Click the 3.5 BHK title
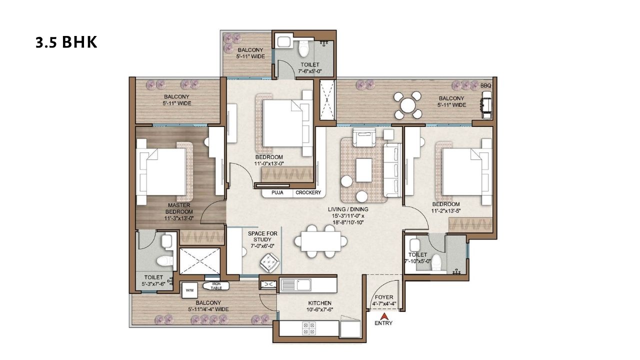[x=66, y=42]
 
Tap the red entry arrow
[x=383, y=316]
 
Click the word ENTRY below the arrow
[x=383, y=323]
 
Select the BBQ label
[x=485, y=86]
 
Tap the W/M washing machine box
[x=190, y=289]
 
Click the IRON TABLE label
[x=216, y=286]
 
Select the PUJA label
[x=278, y=192]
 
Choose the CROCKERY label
[x=307, y=192]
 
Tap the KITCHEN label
[x=320, y=303]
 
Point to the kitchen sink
[x=295, y=284]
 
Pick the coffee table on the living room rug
[x=363, y=169]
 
